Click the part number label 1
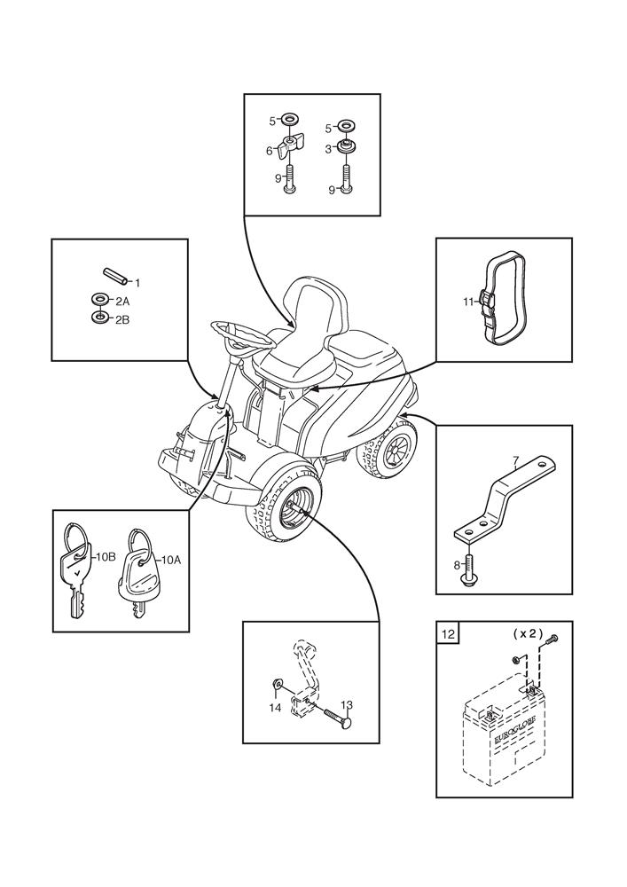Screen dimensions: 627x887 [x=137, y=282]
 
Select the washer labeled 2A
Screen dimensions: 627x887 [x=100, y=298]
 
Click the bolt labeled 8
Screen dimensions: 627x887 [x=468, y=569]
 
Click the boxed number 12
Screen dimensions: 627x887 [x=447, y=633]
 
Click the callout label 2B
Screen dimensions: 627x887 [x=122, y=319]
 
